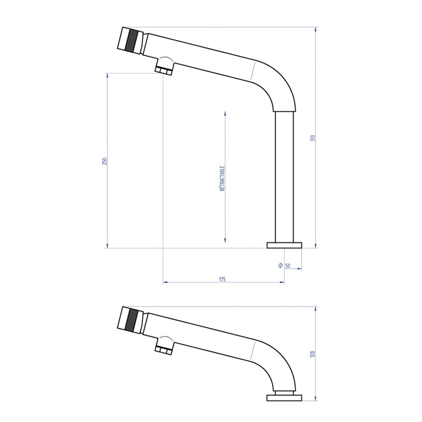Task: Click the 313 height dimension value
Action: (x=313, y=138)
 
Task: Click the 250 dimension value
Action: (x=104, y=161)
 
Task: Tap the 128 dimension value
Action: (x=313, y=355)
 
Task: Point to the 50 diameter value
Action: (x=287, y=265)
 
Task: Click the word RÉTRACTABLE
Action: (x=222, y=178)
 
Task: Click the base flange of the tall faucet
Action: (x=284, y=245)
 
